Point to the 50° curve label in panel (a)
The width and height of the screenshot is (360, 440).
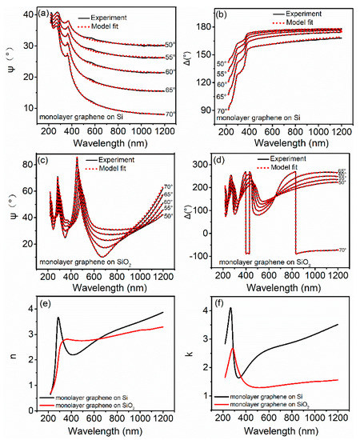pyautogui.click(x=170, y=45)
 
